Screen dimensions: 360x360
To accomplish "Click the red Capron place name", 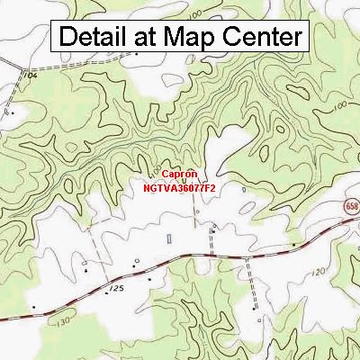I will point(180,177).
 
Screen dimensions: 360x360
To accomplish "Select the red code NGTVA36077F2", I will point(180,189).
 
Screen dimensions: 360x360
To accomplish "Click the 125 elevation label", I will point(114,288).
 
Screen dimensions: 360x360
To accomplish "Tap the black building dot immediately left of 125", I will point(87,270).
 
